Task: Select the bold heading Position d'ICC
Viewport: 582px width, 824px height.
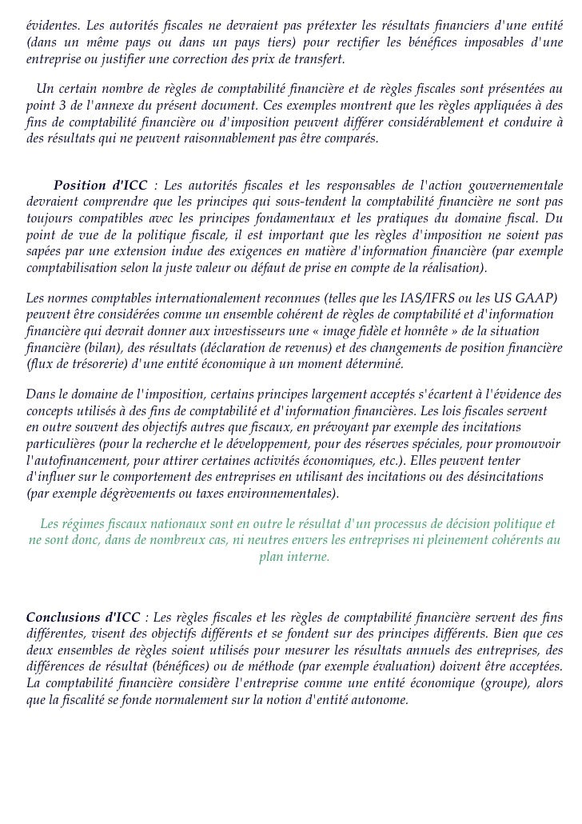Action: (100, 186)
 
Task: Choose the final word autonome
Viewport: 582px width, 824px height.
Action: (378, 700)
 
